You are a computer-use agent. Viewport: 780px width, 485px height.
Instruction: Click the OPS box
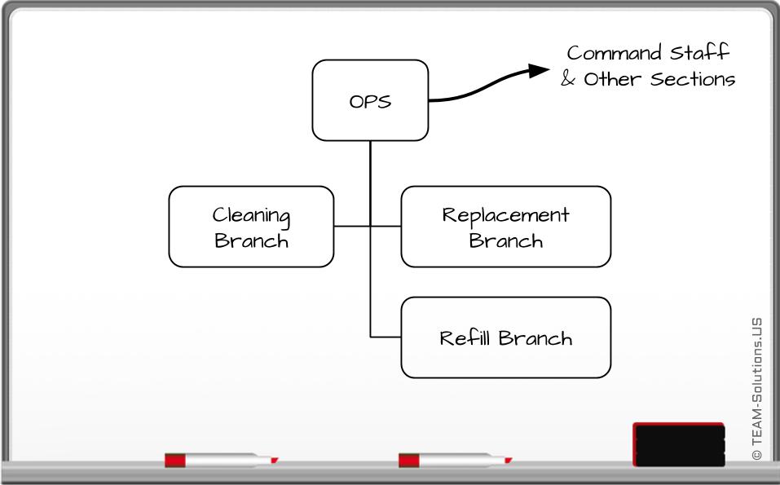(x=370, y=100)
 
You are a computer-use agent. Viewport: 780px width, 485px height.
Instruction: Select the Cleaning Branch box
(x=251, y=227)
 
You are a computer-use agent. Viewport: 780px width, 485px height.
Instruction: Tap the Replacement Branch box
(x=505, y=227)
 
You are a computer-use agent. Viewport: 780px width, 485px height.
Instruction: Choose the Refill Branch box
(x=505, y=337)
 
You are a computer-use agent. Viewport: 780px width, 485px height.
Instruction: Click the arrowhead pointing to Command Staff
(x=539, y=70)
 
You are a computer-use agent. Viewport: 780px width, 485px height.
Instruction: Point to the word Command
(x=615, y=54)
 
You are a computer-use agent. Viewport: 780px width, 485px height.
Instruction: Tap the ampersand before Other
(x=568, y=80)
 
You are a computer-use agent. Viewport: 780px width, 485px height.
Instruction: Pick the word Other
(x=612, y=80)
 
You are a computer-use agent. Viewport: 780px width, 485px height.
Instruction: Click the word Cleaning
(x=251, y=216)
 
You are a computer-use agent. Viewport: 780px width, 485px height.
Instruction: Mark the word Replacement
(x=505, y=215)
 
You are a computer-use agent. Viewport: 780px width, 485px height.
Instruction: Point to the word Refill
(x=465, y=337)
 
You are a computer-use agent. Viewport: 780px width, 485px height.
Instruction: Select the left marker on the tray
(x=220, y=461)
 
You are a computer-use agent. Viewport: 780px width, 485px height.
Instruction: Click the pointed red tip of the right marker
(x=509, y=461)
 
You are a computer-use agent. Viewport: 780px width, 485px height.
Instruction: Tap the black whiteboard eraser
(x=678, y=444)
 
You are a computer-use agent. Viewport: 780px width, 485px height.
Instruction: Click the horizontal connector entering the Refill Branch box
(x=386, y=337)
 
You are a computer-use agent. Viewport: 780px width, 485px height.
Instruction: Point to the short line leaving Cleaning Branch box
(x=351, y=226)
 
